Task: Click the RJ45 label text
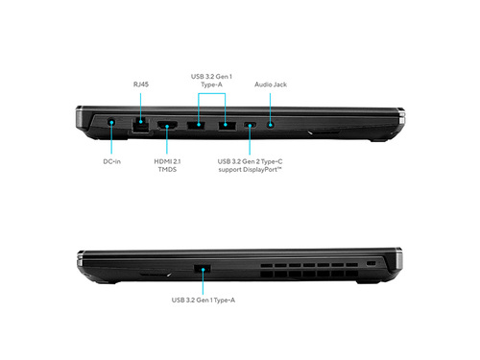tap(141, 84)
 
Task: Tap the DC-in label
tap(111, 161)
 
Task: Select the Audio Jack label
tap(271, 84)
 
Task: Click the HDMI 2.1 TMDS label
tap(167, 165)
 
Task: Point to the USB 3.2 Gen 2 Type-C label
tap(250, 161)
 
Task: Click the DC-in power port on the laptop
tap(111, 122)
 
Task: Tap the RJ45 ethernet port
tap(140, 125)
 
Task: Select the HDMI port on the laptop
tap(167, 125)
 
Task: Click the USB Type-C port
tap(250, 125)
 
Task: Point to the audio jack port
tap(271, 125)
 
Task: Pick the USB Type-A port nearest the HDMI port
tap(196, 125)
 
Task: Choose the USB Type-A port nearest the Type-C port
tap(228, 126)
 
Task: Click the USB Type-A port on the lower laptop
tap(203, 268)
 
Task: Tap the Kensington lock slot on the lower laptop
tap(371, 263)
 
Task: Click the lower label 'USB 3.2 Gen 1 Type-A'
tap(204, 300)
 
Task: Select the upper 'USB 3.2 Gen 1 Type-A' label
tap(211, 81)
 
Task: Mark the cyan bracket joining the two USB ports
tap(211, 93)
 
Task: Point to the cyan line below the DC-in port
tap(111, 138)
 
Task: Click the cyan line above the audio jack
tap(271, 108)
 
